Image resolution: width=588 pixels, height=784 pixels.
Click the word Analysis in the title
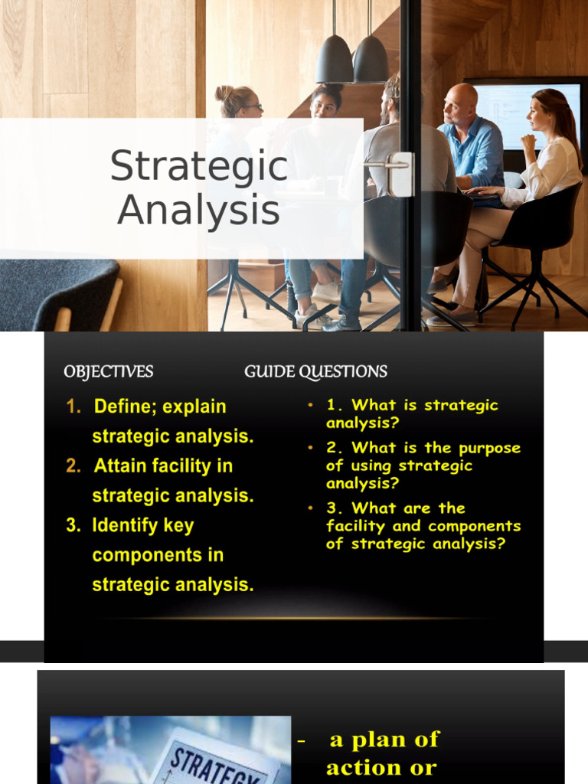tap(199, 211)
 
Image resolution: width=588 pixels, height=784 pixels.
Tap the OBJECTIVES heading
tap(109, 372)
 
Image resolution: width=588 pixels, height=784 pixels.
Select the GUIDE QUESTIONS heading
tap(315, 372)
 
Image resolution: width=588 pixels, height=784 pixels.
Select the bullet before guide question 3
tap(310, 508)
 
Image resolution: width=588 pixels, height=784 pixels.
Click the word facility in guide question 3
tap(356, 526)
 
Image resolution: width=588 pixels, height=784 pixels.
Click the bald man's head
tap(461, 100)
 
